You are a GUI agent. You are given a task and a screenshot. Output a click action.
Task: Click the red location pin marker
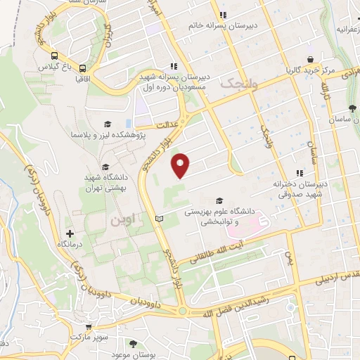click(x=181, y=165)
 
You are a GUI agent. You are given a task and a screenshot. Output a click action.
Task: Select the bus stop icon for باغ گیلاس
click(x=54, y=56)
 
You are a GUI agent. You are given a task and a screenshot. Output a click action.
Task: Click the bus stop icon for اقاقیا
click(x=84, y=68)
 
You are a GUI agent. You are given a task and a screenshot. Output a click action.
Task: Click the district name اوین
click(x=126, y=219)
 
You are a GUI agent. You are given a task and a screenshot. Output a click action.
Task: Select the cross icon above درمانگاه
click(x=69, y=233)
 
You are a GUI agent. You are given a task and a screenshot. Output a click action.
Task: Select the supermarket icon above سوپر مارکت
click(x=88, y=327)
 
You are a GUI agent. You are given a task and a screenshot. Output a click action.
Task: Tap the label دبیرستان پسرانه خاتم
click(x=221, y=25)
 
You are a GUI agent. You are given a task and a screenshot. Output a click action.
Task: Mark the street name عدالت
click(x=169, y=126)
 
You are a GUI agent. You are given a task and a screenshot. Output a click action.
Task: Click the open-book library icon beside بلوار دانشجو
click(x=159, y=219)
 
